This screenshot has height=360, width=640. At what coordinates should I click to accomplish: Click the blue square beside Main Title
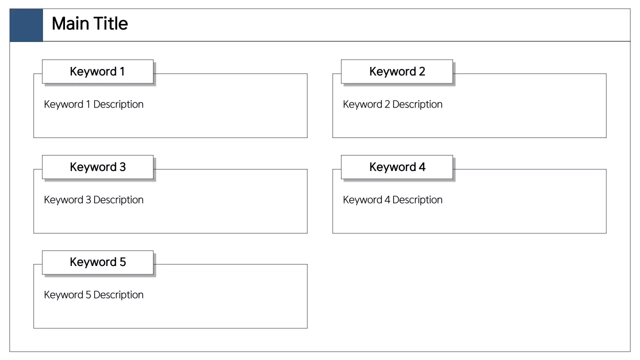[x=26, y=25]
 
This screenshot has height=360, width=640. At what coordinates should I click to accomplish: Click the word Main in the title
[x=68, y=23]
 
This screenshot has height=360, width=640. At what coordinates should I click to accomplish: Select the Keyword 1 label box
[x=97, y=71]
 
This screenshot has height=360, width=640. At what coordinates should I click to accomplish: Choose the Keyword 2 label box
[x=397, y=71]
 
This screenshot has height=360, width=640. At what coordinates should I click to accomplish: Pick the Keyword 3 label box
[x=97, y=167]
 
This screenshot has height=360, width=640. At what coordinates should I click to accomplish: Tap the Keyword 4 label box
[x=397, y=167]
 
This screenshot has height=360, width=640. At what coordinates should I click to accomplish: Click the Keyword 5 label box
[x=97, y=262]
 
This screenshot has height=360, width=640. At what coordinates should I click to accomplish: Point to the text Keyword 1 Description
[x=93, y=104]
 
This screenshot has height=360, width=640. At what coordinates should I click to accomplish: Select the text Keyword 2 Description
[x=392, y=104]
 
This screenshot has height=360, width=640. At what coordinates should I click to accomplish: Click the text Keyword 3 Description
[x=93, y=200]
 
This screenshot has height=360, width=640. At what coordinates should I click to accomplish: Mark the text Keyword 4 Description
[x=392, y=200]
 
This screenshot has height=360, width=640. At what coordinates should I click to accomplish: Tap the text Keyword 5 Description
[x=93, y=295]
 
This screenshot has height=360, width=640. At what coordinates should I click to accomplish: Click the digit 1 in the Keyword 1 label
[x=122, y=71]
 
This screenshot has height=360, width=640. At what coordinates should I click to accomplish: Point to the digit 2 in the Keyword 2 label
[x=422, y=71]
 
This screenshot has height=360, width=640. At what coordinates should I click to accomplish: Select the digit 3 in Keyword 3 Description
[x=88, y=200]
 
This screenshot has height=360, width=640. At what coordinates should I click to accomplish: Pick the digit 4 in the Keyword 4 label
[x=422, y=167]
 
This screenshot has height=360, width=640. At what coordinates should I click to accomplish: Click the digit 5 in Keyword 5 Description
[x=88, y=295]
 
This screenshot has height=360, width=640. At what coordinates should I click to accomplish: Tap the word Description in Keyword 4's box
[x=417, y=200]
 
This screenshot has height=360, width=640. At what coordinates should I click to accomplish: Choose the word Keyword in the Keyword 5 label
[x=92, y=262]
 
